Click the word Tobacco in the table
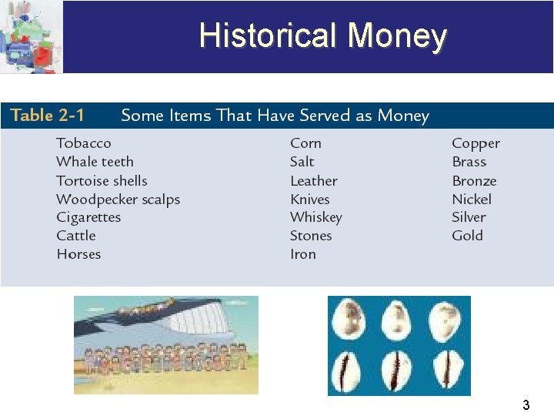point(84,143)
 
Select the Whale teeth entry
point(95,162)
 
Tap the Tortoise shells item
point(102,181)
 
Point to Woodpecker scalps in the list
point(118,200)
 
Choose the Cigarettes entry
point(88,217)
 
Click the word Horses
point(78,254)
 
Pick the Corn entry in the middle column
point(305,143)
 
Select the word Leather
point(313,181)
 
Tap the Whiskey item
point(315,217)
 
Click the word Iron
point(303,254)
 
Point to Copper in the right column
point(476,143)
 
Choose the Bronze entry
point(474,181)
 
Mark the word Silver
point(469,217)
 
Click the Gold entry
point(467,236)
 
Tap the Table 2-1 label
point(47,116)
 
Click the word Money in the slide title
point(397,35)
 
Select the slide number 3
point(526,404)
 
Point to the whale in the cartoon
point(192,316)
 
